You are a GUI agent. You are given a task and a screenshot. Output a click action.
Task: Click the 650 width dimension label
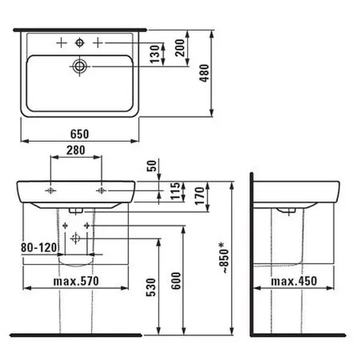tap(80, 133)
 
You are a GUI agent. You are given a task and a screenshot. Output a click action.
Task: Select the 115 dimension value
tap(174, 192)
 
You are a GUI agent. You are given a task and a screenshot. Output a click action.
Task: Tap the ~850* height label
tap(222, 259)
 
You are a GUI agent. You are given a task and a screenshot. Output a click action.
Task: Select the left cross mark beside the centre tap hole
tap(60, 43)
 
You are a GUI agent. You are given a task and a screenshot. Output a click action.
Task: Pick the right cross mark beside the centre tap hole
tap(98, 43)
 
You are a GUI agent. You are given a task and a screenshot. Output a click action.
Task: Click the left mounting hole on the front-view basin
tap(51, 190)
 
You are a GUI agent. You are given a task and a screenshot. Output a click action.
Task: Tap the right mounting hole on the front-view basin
tap(101, 190)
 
